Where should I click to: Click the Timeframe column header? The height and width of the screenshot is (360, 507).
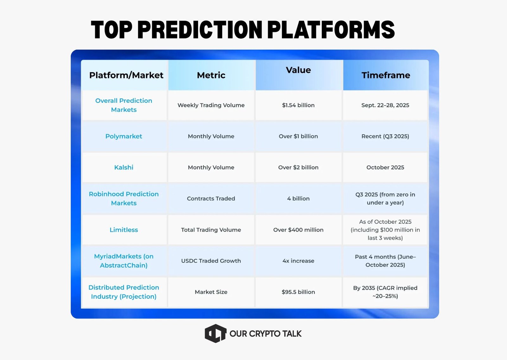[x=386, y=75]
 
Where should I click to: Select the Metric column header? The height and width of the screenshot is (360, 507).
[x=211, y=75]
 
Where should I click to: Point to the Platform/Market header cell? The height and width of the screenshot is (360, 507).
[x=126, y=75]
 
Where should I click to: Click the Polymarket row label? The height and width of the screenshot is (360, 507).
[x=124, y=136]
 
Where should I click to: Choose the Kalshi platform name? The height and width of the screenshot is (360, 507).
[x=124, y=167]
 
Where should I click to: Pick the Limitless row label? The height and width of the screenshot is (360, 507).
[x=124, y=230]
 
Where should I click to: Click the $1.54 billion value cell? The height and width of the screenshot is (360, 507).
[x=298, y=105]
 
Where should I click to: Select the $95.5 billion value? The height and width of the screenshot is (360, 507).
[x=298, y=292]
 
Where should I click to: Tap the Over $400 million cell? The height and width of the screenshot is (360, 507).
[x=298, y=230]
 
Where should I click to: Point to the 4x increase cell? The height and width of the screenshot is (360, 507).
[x=298, y=261]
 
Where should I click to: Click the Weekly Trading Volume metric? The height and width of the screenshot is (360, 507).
[x=211, y=105]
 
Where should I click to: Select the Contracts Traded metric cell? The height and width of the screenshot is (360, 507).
[x=211, y=199]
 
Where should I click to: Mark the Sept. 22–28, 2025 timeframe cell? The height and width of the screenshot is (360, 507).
[x=385, y=105]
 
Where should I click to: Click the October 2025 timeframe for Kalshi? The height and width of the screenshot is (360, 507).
[x=385, y=167]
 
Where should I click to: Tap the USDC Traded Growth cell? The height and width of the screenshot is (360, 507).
[x=211, y=261]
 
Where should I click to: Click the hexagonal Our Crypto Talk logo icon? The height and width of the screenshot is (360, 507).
[x=215, y=333]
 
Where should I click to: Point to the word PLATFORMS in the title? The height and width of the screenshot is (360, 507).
[x=331, y=30]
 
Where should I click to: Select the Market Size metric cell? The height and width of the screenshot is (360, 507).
[x=211, y=292]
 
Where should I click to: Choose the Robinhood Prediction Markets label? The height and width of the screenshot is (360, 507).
[x=124, y=199]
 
